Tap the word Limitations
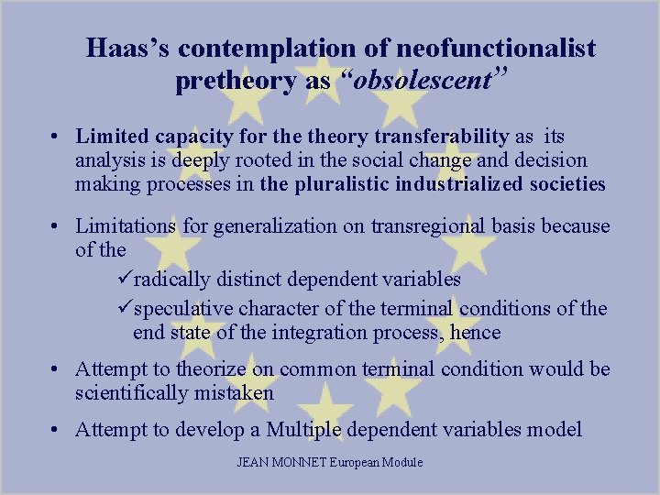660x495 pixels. [x=130, y=225]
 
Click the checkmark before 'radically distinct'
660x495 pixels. [x=126, y=279]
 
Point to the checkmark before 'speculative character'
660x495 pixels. [x=126, y=308]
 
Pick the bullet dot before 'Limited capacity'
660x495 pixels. [x=57, y=137]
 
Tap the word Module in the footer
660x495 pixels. [x=401, y=462]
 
